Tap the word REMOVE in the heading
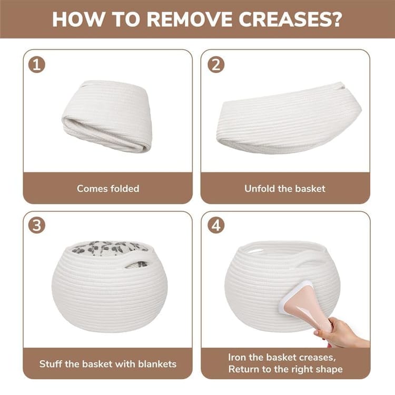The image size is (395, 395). tap(189, 19)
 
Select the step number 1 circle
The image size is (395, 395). tap(37, 65)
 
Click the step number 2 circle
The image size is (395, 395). tap(216, 65)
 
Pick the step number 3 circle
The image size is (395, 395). tap(37, 225)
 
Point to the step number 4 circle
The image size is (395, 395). tap(216, 225)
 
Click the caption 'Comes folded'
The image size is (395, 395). tap(108, 189)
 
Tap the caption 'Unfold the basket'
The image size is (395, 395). tap(285, 189)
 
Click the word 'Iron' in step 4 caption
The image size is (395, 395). tap(237, 357)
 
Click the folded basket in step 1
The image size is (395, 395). tap(107, 116)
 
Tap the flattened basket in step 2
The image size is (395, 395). tap(289, 118)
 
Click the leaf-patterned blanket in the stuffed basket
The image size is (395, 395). tap(110, 248)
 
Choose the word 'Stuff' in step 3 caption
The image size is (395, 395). tap(51, 364)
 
